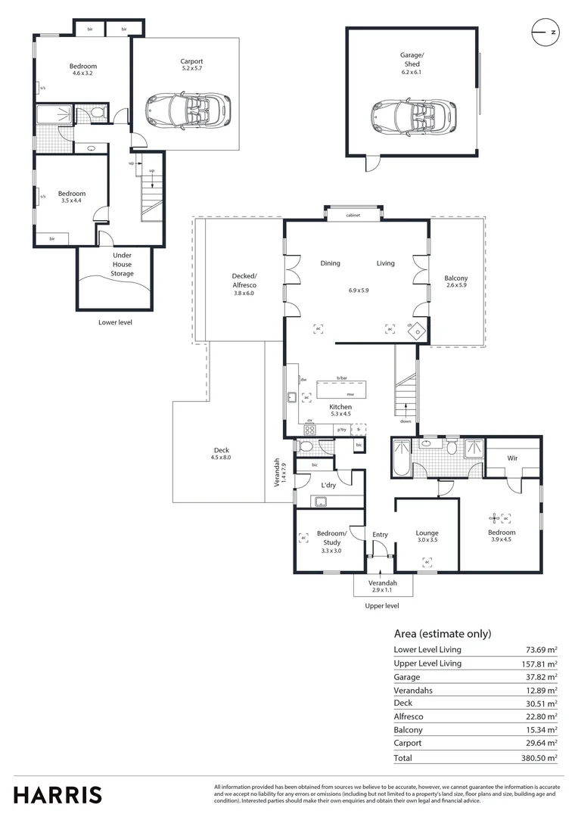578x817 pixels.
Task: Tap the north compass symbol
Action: (545, 33)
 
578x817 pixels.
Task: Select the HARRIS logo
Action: (57, 794)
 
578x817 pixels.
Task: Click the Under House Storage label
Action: (123, 265)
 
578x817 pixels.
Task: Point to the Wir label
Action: (513, 458)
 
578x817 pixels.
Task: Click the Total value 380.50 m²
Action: (542, 757)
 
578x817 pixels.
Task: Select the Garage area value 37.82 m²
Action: (542, 677)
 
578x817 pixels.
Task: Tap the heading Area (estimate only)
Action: (443, 634)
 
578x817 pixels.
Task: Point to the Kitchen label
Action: (340, 407)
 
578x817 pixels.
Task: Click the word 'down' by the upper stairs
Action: (406, 421)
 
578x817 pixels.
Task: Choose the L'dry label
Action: (328, 485)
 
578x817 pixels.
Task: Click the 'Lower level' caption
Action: (116, 322)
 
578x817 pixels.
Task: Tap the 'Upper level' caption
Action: (382, 605)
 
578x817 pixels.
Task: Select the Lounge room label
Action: (427, 533)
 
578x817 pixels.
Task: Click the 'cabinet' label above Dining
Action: (353, 216)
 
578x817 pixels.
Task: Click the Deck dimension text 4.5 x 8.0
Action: (220, 458)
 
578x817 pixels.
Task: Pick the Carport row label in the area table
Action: (408, 744)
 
